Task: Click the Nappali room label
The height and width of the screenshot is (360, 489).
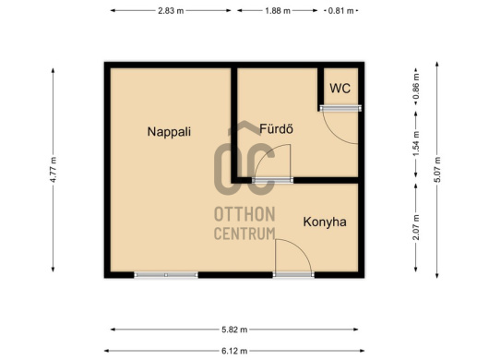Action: click(169, 132)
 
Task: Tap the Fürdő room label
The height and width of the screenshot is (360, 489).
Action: click(276, 129)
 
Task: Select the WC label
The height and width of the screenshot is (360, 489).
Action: click(340, 89)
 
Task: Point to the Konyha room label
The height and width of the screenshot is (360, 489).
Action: click(325, 222)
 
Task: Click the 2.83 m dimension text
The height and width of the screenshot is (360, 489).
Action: click(171, 11)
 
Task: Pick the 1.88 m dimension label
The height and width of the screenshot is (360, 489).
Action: click(278, 11)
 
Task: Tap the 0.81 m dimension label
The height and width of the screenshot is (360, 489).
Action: click(340, 11)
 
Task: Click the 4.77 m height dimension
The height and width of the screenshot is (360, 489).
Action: click(53, 170)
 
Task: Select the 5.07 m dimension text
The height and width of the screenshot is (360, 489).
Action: click(437, 170)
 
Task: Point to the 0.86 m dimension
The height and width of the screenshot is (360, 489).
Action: click(416, 86)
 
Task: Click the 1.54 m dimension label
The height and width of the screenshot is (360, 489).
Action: click(416, 145)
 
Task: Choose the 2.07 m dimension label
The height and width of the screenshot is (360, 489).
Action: click(416, 227)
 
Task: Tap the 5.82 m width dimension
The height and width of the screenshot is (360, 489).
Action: click(234, 330)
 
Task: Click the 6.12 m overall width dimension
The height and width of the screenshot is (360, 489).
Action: click(234, 351)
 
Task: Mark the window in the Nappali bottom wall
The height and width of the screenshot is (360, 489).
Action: click(166, 275)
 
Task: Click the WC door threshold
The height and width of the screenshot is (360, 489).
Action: click(340, 108)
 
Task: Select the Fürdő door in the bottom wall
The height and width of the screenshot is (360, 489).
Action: click(272, 180)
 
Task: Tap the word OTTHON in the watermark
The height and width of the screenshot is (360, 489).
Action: click(244, 214)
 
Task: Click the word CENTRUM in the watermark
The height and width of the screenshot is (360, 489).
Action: click(244, 234)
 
